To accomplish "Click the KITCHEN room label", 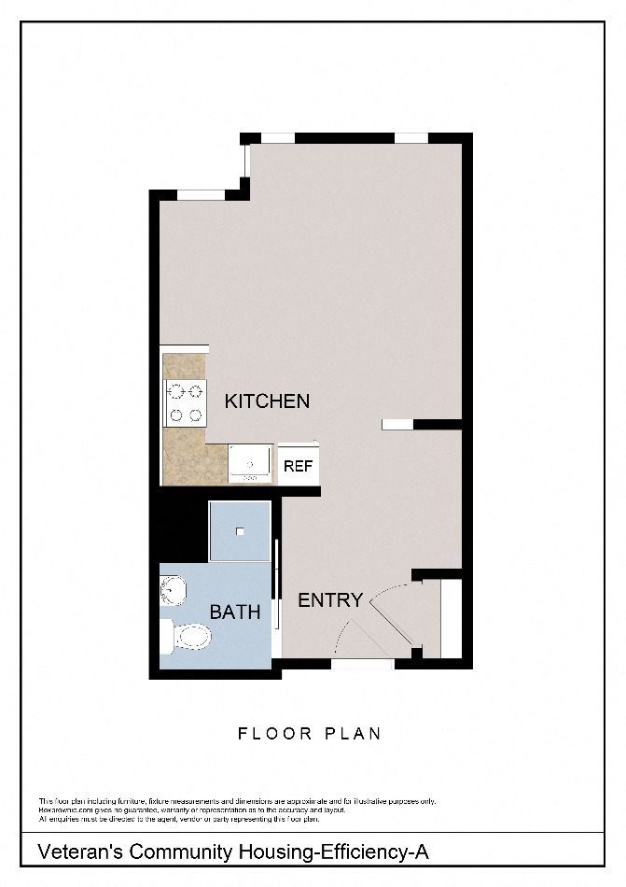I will tap(267, 401).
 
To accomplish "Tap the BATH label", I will tap(235, 612).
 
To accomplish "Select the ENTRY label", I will tap(329, 600).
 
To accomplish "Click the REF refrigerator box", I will tap(298, 466).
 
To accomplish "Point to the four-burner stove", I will tap(185, 403).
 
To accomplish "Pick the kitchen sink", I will tap(250, 462).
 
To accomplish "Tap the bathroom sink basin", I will tap(172, 590).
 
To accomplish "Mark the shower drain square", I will tap(240, 531).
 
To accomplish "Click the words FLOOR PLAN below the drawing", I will tap(309, 733).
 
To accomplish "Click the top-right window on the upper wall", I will tap(410, 138).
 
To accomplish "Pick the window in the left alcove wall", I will tap(202, 194).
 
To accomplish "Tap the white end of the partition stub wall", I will tap(396, 424).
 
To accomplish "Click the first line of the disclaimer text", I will tap(237, 801).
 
